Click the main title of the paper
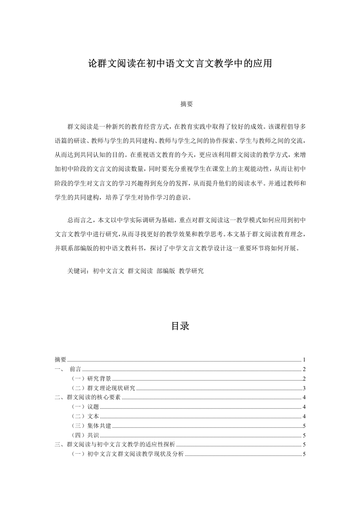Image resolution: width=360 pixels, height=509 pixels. click(x=180, y=64)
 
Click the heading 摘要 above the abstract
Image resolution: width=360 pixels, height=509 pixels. click(x=180, y=104)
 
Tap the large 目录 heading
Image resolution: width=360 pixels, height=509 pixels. click(x=180, y=326)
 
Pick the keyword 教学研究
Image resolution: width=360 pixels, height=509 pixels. click(x=191, y=271)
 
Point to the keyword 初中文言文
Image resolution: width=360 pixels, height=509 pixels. click(x=108, y=271)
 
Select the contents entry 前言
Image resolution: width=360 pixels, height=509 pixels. click(x=75, y=369)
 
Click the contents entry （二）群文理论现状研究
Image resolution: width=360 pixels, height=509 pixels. click(x=104, y=388)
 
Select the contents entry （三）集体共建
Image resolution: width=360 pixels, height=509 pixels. click(x=91, y=426)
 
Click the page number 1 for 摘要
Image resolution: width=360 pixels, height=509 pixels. click(x=304, y=359)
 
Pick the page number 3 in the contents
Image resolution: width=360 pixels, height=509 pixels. click(x=304, y=388)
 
